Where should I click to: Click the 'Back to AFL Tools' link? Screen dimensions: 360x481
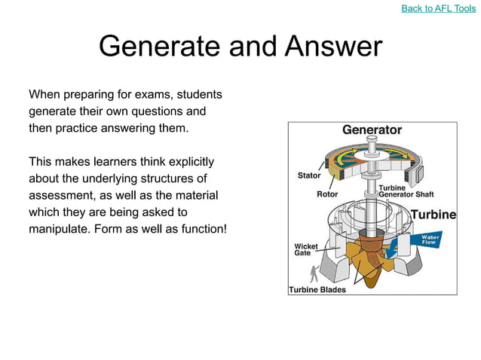[x=438, y=8]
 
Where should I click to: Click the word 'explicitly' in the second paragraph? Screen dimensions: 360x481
[x=186, y=161]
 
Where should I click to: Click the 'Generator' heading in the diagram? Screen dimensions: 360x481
[x=372, y=130]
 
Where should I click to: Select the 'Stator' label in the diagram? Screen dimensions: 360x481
[x=309, y=175]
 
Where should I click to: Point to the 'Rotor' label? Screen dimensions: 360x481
[x=327, y=194]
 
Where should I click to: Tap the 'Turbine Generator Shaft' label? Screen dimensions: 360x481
[x=406, y=191]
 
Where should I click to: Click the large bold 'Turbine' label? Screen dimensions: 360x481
[x=434, y=215]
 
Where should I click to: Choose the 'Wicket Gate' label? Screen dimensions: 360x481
[x=305, y=249]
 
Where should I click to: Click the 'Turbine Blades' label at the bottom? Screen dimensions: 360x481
[x=317, y=289]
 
